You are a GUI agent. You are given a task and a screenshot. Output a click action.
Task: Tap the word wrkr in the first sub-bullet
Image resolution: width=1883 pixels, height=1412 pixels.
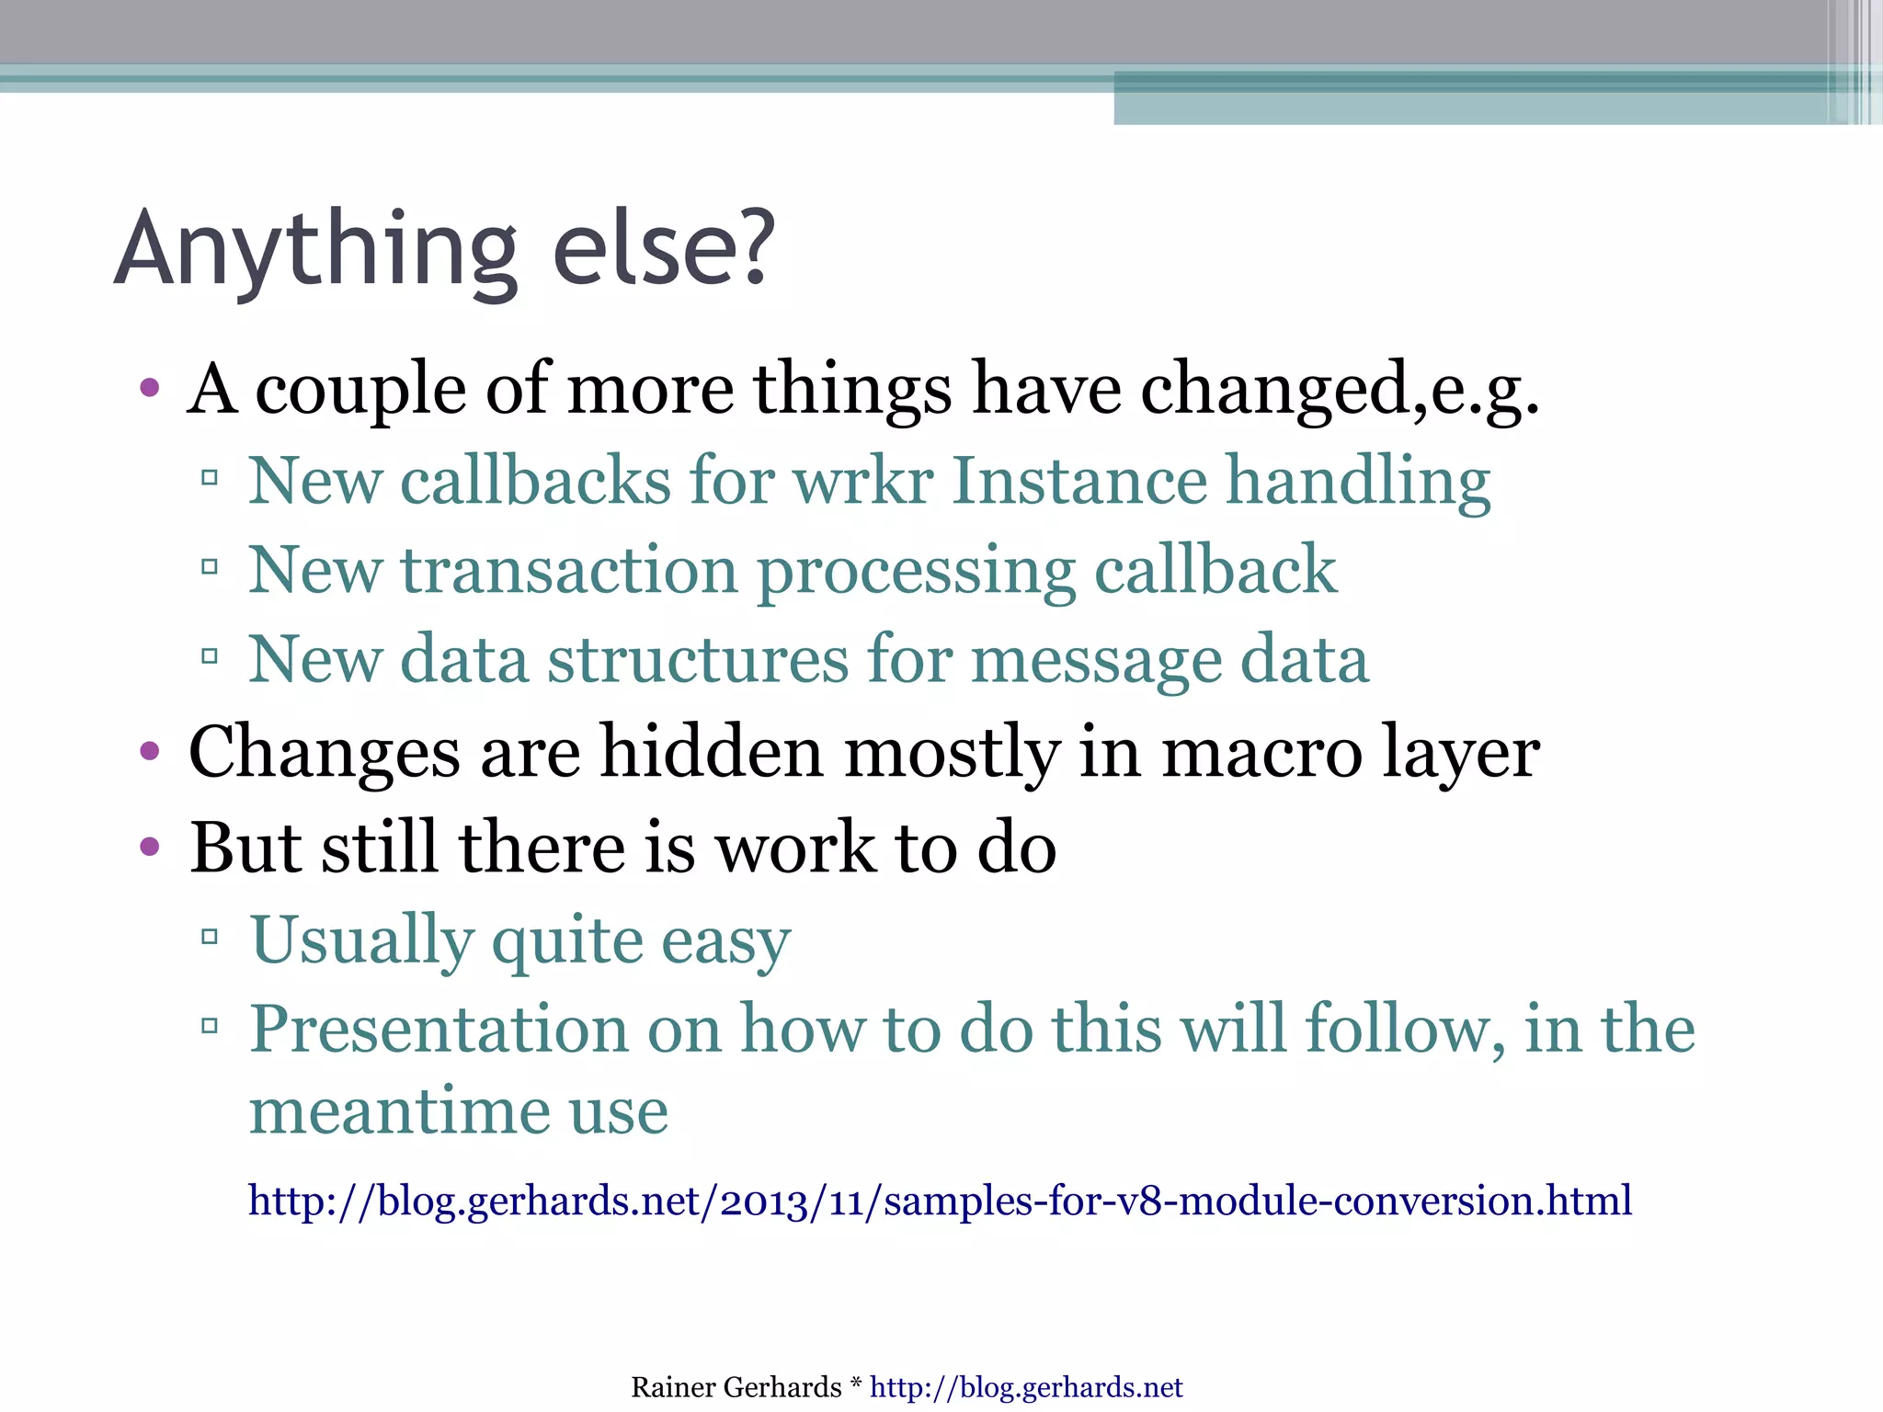(x=863, y=481)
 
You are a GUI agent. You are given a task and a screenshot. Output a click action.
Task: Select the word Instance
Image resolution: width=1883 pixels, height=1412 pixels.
(x=1079, y=481)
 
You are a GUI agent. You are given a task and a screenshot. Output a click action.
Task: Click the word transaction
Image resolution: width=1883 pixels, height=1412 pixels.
(x=569, y=571)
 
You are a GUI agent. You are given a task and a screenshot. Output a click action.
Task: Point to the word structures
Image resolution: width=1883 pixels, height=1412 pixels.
(x=698, y=660)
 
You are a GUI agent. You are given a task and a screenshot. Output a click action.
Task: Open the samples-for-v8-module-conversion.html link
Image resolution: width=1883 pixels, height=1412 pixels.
(x=940, y=1201)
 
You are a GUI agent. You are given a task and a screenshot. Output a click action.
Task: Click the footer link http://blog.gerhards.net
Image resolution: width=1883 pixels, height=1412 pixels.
(x=1026, y=1387)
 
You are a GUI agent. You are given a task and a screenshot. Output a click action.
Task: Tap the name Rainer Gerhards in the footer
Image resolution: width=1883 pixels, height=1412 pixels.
(x=736, y=1387)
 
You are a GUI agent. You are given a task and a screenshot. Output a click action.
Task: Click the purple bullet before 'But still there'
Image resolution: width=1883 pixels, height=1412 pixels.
(x=150, y=847)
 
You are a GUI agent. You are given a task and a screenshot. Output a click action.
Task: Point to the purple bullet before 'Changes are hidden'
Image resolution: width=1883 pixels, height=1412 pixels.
(x=150, y=752)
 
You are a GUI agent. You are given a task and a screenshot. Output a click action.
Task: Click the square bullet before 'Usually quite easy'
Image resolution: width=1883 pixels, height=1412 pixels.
(x=210, y=937)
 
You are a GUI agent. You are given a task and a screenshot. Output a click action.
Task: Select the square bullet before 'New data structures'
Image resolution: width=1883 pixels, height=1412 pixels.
(x=210, y=656)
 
